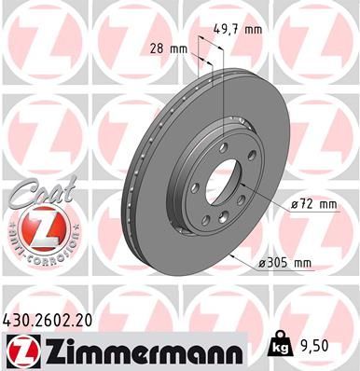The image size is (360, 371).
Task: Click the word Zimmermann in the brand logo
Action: point(139,350)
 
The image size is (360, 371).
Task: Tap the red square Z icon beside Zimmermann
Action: point(19,350)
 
